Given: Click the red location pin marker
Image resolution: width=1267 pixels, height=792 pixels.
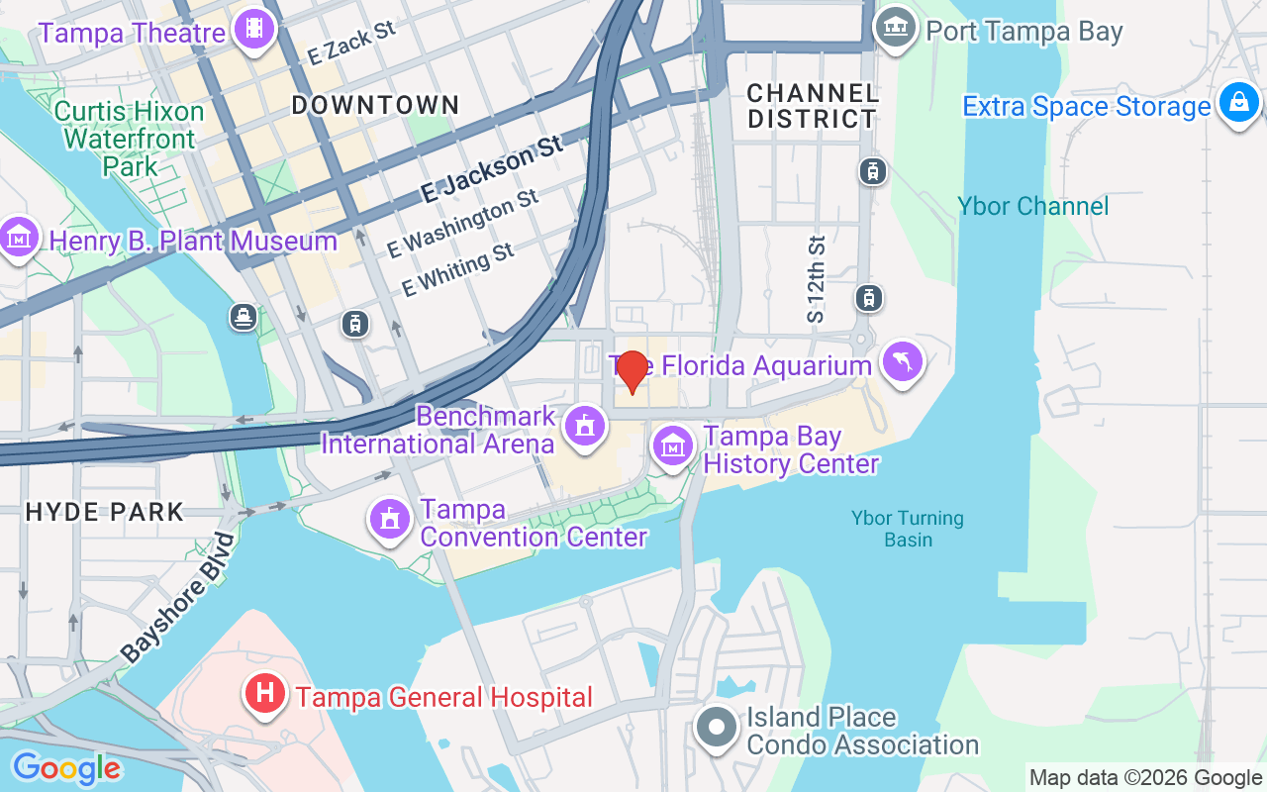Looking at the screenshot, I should tap(632, 371).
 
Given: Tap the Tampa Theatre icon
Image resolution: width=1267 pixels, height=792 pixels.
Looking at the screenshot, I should tap(254, 30).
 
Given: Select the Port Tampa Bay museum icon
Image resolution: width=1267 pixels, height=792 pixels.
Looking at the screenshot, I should tap(896, 29).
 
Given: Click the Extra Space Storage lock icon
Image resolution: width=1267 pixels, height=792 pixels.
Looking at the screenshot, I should tap(1238, 102).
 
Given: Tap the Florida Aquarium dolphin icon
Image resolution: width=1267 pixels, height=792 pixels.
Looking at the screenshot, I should tap(903, 361).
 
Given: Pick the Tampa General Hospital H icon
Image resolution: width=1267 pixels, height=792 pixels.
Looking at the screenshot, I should tap(265, 692).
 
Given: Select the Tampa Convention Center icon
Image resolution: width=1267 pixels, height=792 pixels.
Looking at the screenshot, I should tap(390, 519).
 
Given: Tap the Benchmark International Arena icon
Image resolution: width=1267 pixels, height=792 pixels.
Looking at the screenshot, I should tap(584, 427).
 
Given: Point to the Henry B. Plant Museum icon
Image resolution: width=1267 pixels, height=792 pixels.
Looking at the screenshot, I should tap(19, 238).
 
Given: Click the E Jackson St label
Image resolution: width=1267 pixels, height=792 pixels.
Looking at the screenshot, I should tap(491, 170).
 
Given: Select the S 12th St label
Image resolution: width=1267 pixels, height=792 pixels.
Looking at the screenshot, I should tap(815, 279).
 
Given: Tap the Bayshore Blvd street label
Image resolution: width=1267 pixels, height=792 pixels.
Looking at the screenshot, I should tap(179, 598).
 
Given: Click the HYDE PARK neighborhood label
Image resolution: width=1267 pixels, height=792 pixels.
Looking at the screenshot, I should tap(105, 512).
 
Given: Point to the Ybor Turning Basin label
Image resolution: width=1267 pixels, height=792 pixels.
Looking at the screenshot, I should tap(908, 529).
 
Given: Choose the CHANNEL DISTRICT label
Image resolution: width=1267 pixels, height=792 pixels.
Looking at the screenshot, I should tap(813, 106).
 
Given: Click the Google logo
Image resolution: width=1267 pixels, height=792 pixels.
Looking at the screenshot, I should tap(65, 767).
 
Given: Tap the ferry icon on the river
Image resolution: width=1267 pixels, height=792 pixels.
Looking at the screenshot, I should tap(244, 317).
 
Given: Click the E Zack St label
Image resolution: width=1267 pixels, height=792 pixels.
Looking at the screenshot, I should tap(351, 44).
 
